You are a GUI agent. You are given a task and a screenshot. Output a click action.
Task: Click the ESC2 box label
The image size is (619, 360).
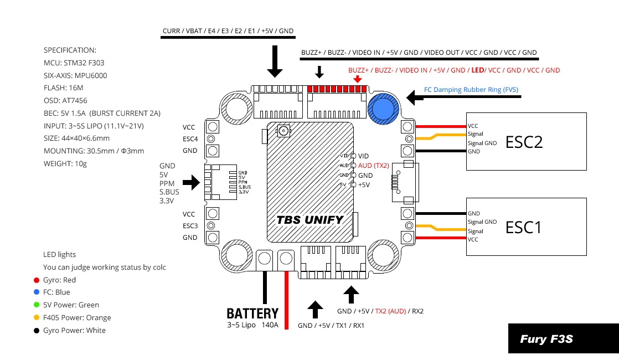pos(524,142)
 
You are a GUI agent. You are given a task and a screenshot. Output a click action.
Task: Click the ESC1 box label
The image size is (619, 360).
pos(523,227)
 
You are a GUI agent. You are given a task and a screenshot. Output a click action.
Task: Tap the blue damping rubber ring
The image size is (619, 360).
pos(381,108)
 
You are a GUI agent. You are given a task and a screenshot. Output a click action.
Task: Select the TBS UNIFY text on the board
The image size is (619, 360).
pos(310,220)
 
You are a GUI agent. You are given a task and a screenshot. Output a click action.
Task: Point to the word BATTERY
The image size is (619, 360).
pos(252,314)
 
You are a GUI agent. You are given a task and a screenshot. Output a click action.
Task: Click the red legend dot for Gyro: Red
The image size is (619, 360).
pos(36,280)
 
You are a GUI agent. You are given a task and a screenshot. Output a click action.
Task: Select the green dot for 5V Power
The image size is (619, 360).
pos(36,305)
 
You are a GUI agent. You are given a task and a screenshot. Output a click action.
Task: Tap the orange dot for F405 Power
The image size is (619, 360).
pos(36,318)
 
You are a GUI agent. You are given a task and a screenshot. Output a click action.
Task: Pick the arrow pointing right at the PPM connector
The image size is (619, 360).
pos(191,182)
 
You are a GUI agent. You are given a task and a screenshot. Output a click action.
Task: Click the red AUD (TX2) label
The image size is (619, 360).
pos(373,166)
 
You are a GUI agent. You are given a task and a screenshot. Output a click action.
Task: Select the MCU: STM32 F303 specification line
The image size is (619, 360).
pos(79,63)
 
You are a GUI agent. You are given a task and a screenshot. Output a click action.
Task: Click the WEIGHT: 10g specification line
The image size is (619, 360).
pos(65,163)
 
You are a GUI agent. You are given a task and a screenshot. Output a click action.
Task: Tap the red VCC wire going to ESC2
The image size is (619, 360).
pos(440,126)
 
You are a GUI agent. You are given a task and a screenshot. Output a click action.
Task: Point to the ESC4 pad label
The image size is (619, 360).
pos(190,138)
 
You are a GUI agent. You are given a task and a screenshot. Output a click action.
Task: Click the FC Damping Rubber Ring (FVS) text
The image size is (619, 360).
pos(471,89)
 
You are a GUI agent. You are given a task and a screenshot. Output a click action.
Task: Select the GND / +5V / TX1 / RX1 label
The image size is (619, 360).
pos(331,326)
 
